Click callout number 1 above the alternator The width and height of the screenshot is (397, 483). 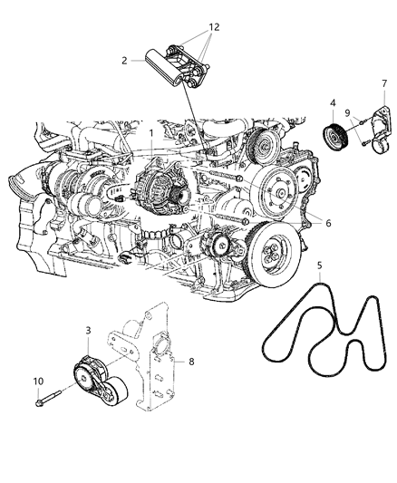(151, 132)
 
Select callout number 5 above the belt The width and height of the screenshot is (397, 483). (319, 266)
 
